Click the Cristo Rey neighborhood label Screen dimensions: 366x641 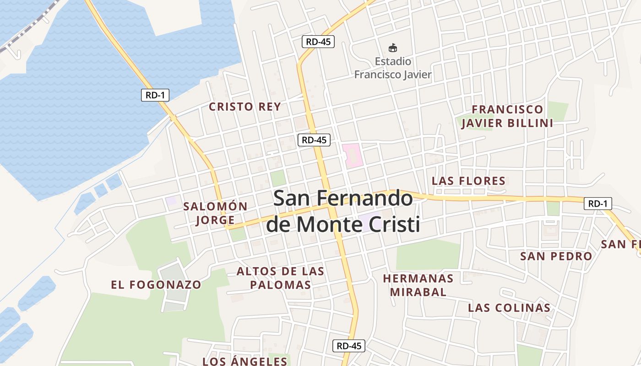pos(244,107)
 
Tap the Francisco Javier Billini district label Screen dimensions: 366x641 pos(507,116)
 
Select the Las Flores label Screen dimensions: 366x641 pos(468,181)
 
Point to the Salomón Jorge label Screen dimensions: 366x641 pos(215,213)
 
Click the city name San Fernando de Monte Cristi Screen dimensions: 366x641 pos(343,211)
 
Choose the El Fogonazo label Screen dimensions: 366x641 pos(156,285)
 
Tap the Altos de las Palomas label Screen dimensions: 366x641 pos(280,278)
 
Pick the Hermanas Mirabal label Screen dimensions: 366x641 pos(418,285)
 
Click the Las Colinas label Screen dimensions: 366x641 pos(509,308)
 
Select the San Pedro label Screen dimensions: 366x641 pos(556,256)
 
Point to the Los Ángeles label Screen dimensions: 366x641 pos(245,361)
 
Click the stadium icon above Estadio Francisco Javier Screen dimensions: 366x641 pos(392,48)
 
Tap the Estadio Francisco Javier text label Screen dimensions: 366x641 pos(393,68)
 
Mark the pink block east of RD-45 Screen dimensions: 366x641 pos(352,155)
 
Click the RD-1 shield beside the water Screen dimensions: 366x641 pos(155,95)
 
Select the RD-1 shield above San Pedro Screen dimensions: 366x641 pos(598,204)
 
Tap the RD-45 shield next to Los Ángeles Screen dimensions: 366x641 pos(349,346)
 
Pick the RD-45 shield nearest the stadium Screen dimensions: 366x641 pos(318,42)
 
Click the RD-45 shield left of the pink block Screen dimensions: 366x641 pos(314,140)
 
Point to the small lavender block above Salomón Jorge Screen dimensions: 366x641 pos(171,201)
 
